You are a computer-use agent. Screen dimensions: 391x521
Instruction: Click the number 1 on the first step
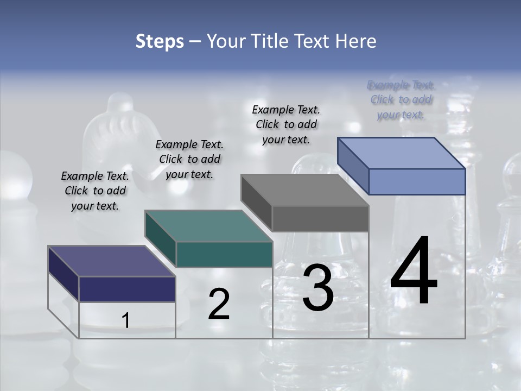point(126,321)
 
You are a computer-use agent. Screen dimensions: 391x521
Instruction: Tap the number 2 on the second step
point(219,304)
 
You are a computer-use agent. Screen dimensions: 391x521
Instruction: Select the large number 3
point(318,288)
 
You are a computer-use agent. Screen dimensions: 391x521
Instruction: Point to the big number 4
point(414,271)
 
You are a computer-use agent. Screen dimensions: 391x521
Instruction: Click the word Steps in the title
point(160,41)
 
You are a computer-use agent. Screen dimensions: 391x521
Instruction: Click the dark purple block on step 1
point(111,274)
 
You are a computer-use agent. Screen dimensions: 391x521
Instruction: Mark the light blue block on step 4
point(402,167)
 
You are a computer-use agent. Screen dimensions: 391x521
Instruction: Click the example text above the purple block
point(96,191)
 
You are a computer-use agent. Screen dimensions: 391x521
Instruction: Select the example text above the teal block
point(189,159)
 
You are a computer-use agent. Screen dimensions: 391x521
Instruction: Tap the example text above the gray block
point(286,124)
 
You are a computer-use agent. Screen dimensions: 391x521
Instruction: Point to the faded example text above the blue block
point(401,99)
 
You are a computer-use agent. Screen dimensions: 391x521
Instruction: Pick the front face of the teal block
point(224,254)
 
